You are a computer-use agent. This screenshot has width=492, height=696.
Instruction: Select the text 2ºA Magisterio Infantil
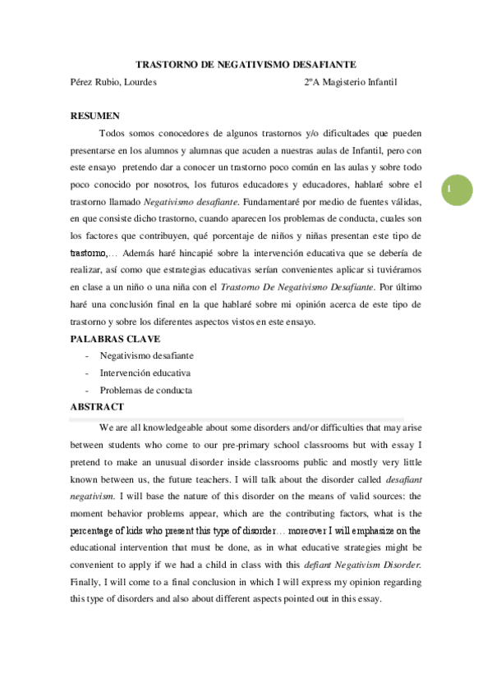click(x=350, y=81)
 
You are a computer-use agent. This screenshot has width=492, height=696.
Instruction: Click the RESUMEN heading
click(x=95, y=116)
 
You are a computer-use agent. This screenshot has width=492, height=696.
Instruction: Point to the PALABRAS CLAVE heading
click(x=115, y=339)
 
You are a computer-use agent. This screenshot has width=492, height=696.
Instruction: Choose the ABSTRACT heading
click(x=97, y=406)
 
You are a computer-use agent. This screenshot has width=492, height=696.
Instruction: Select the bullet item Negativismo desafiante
click(x=146, y=355)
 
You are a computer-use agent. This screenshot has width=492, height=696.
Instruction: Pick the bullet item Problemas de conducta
click(x=146, y=390)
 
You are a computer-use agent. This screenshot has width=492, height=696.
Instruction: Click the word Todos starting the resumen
click(x=113, y=133)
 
